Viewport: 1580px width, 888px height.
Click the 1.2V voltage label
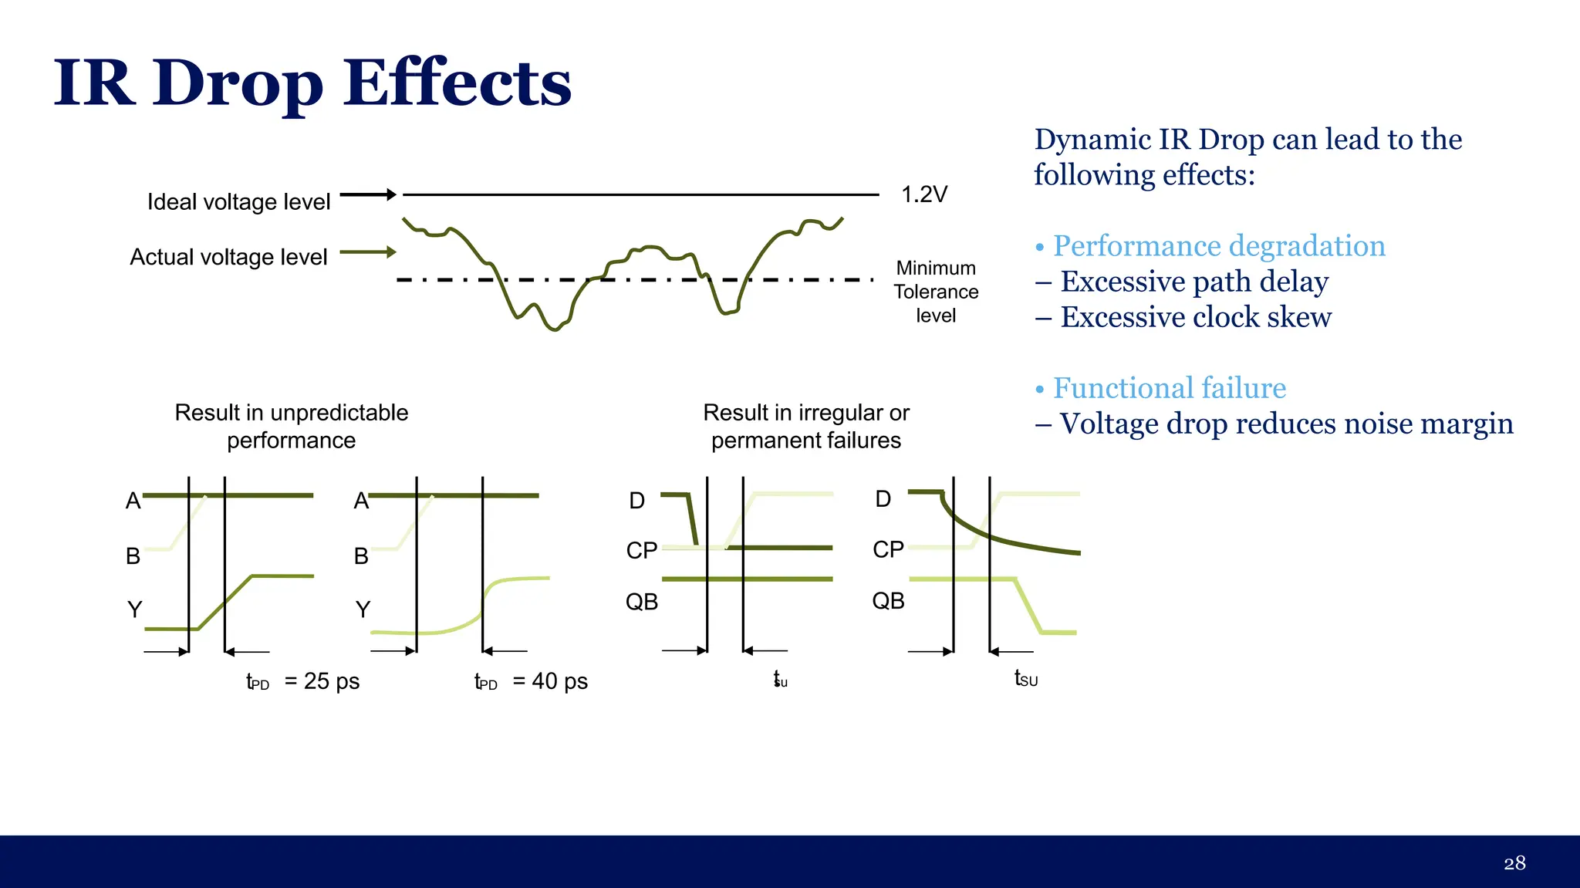923,194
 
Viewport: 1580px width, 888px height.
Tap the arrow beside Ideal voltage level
368,195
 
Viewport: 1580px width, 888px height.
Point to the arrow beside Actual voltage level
368,252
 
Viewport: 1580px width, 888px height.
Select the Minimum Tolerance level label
936,292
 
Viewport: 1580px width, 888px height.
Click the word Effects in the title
457,83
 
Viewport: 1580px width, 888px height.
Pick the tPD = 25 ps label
302,681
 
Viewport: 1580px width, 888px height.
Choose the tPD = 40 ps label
531,681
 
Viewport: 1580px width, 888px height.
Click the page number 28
1514,863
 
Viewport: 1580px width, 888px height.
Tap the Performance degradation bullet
1218,246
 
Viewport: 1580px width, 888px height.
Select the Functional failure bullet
1169,388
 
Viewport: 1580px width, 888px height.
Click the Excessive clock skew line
1195,317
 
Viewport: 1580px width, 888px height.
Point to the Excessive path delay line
1193,282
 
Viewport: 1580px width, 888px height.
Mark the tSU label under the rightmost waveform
1026,679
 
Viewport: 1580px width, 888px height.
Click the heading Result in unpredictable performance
292,426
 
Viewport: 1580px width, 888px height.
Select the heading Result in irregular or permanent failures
806,426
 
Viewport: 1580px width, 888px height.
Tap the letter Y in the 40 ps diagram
363,609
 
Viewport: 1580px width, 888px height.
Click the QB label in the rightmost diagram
888,600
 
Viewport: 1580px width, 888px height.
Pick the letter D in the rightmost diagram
883,499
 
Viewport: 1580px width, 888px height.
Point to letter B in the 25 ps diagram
133,555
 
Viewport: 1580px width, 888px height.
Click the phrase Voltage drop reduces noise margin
1285,424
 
